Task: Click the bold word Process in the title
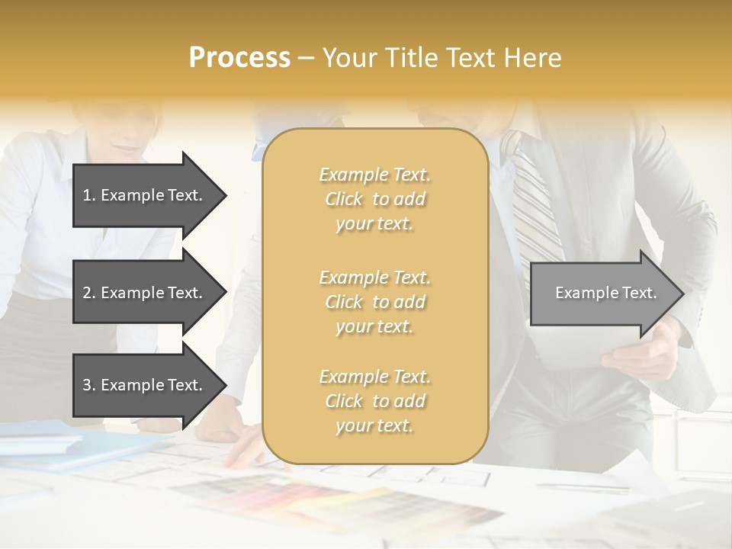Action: tap(239, 58)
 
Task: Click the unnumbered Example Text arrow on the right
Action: tap(605, 293)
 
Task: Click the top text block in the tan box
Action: tap(374, 199)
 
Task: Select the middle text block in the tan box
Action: tap(374, 302)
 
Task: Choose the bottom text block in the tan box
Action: tap(374, 401)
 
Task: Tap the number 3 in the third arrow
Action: tap(87, 385)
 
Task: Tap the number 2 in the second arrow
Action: tap(87, 293)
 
